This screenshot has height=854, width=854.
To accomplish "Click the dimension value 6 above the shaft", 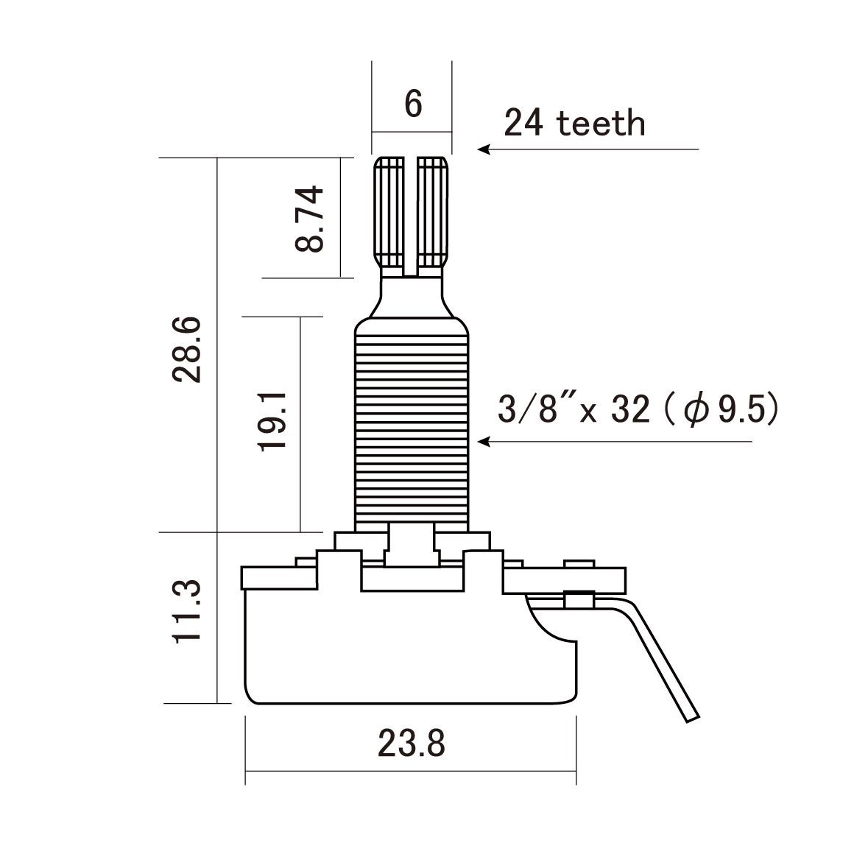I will click(x=413, y=104).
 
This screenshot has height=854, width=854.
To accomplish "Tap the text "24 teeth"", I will click(x=574, y=124).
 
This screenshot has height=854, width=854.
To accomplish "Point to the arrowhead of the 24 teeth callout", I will click(x=483, y=149).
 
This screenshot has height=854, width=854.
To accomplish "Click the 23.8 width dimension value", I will click(x=412, y=744).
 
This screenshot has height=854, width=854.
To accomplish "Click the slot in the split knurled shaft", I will click(x=411, y=213).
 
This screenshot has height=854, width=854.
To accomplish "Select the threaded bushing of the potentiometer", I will click(x=412, y=427).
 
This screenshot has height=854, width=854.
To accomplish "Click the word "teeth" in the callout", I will click(x=601, y=124).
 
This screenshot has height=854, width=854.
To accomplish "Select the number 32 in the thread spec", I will click(x=630, y=409).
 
